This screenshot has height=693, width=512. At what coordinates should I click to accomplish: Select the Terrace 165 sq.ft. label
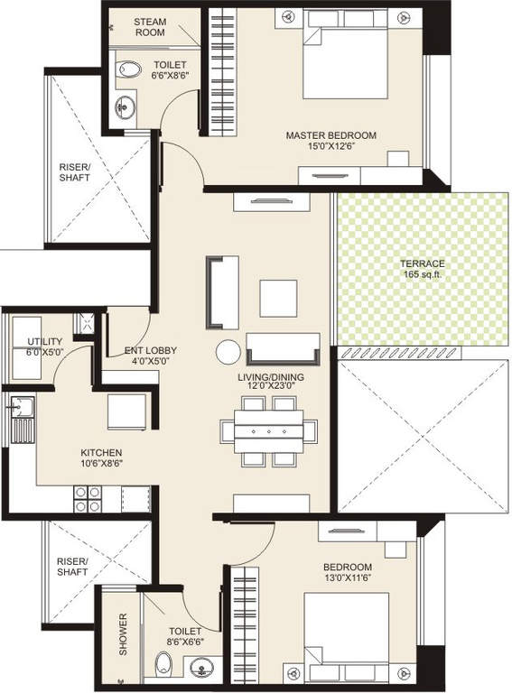[x=423, y=269]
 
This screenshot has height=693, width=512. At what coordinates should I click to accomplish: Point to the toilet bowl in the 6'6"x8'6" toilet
[x=129, y=69]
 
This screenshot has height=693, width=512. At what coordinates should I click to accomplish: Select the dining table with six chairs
[x=267, y=431]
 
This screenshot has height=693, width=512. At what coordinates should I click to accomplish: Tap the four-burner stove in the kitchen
[x=88, y=499]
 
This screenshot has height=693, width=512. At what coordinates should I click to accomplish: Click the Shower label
[x=123, y=634]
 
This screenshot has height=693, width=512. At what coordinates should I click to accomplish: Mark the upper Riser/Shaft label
[x=75, y=172]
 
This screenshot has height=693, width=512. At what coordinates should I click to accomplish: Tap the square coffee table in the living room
[x=278, y=298]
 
